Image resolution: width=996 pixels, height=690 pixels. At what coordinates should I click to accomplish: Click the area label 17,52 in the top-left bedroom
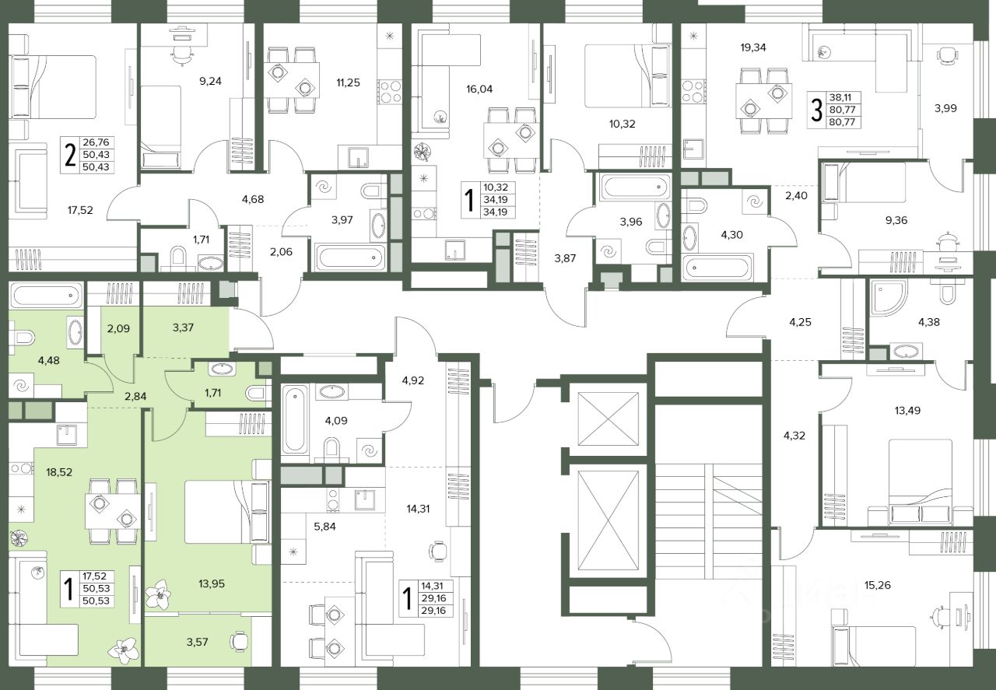point(80,210)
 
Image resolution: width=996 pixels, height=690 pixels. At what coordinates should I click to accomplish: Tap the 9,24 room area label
point(210,82)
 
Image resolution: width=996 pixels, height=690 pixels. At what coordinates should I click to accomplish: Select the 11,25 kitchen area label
point(348,82)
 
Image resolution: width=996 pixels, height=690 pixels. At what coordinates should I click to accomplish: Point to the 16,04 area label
point(479,89)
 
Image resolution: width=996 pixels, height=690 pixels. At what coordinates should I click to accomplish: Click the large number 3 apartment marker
point(816,110)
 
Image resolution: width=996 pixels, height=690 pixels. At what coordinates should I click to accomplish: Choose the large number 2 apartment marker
point(70,155)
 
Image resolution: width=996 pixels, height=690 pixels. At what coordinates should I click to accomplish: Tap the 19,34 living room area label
point(753,47)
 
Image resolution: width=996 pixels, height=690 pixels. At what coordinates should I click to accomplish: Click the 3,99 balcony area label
point(945,108)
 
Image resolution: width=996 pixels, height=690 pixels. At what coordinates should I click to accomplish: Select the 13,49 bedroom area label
point(907,411)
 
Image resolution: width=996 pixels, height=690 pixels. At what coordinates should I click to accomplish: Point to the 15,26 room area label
point(878,586)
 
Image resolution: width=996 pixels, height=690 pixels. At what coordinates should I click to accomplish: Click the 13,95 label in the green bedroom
point(212,584)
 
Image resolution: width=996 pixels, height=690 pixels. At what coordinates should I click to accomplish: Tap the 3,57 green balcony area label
point(197,642)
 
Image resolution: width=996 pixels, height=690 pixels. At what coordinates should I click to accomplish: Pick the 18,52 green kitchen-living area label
point(59,472)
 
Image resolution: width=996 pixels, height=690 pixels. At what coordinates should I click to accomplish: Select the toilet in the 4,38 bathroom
point(948,292)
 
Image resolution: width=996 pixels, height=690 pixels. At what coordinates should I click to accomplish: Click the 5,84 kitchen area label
point(324,527)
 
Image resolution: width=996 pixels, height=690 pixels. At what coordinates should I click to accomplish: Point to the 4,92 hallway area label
point(412,380)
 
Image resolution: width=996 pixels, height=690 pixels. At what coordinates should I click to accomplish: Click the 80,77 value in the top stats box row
point(842,110)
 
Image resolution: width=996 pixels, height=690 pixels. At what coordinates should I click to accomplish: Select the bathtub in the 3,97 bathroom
point(351,257)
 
